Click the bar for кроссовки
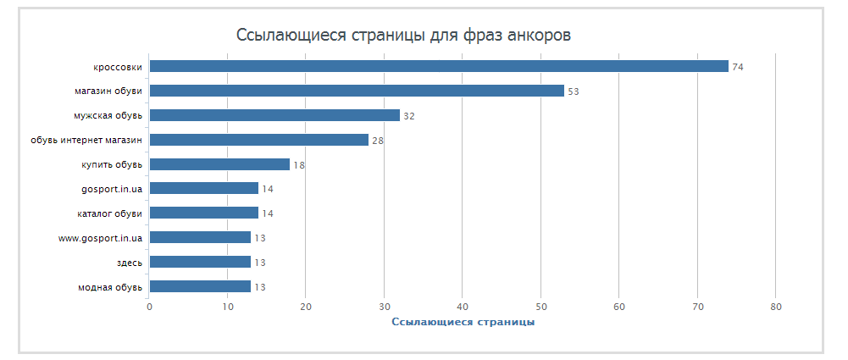pos(439,66)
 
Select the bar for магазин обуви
pos(357,91)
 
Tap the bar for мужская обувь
pos(274,115)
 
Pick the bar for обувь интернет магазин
pos(259,140)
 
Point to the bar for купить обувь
pos(219,164)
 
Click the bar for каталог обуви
pos(204,213)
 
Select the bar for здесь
pos(200,262)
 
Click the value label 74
pos(737,67)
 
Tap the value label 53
pos(573,91)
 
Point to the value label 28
pos(378,141)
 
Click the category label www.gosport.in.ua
pos(100,237)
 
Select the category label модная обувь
pos(109,286)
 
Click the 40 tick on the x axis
pos(463,307)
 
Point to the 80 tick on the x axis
pos(776,307)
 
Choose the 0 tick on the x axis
pos(149,307)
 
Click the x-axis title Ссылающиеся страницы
pos(463,322)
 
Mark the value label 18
pos(299,165)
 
